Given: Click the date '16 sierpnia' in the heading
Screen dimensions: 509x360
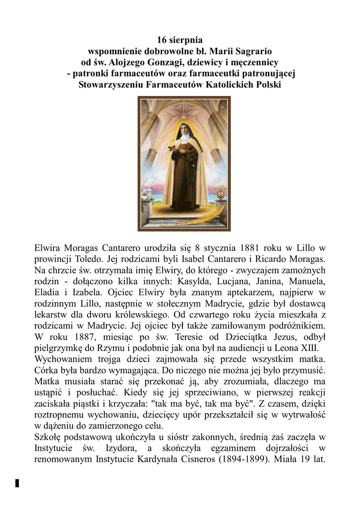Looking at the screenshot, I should [x=180, y=39].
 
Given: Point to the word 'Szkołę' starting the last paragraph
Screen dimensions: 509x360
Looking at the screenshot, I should [x=48, y=437].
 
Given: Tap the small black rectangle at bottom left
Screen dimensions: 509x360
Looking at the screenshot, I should [x=17, y=483].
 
